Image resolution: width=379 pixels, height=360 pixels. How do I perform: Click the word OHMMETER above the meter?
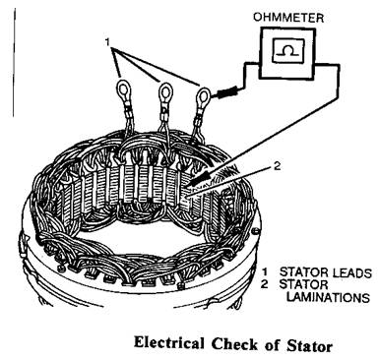click(288, 17)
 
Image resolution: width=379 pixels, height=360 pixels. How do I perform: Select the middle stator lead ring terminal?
click(165, 92)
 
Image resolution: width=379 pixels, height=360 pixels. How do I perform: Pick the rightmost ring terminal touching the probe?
click(204, 96)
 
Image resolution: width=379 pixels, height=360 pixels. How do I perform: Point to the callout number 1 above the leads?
click(107, 42)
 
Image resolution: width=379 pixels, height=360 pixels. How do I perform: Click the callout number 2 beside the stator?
click(278, 166)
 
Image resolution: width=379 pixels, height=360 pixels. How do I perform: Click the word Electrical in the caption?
click(168, 344)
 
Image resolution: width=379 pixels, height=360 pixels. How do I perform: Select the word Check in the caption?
click(234, 344)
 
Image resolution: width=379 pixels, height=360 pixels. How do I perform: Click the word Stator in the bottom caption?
click(309, 345)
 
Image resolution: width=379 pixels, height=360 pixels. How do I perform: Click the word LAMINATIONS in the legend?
click(328, 298)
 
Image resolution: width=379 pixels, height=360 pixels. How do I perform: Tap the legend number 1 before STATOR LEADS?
click(264, 272)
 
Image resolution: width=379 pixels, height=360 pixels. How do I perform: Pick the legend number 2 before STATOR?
click(265, 284)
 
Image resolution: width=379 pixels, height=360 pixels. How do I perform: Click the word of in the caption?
click(273, 345)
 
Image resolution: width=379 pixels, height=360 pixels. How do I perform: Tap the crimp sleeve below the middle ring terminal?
click(163, 115)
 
